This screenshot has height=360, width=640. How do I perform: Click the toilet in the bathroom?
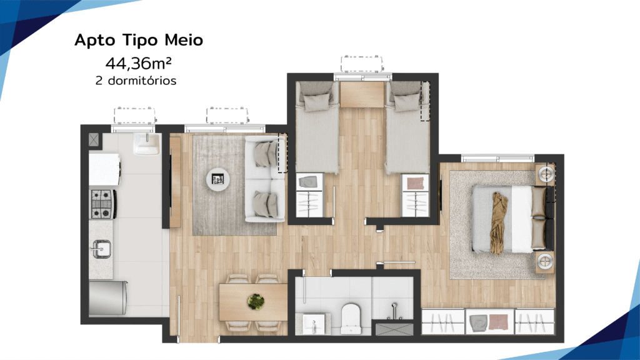point(351,317)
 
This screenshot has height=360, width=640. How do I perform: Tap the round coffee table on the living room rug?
point(217,179)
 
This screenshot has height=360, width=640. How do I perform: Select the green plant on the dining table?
point(256,302)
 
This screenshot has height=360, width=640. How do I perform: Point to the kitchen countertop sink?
point(101,249)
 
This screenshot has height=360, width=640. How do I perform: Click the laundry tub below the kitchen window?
point(146,144)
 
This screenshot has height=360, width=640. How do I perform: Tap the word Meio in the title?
point(184,40)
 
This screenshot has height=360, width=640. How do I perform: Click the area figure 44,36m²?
point(138,63)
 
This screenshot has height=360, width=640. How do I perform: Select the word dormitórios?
point(142,81)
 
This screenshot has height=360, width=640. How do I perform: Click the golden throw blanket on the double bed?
point(499,223)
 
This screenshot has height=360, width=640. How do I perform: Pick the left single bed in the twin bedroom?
point(317,126)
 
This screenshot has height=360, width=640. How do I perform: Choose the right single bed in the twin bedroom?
point(407,126)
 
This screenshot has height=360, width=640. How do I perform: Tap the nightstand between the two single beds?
point(362,94)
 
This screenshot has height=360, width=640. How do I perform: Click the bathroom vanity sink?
point(314,324)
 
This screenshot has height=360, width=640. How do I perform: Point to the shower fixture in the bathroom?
point(394,310)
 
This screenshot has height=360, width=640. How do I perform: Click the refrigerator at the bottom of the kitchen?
point(108,297)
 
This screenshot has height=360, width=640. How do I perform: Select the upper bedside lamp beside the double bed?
point(546,174)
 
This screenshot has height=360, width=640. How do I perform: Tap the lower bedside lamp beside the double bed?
point(545,261)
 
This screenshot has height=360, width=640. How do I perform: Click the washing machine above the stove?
point(105,169)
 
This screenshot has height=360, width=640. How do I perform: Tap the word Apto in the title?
point(96,41)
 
